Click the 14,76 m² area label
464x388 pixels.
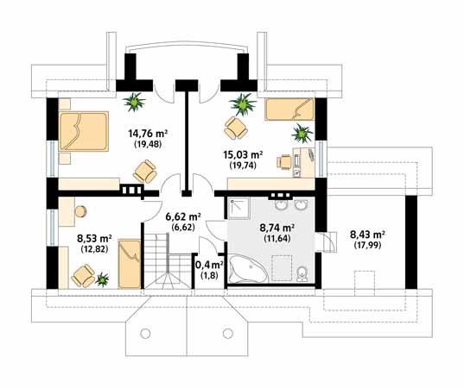pos(148,134)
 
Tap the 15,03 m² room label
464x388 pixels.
pos(243,154)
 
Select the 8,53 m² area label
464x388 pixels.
pos(94,238)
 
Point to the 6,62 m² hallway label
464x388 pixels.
pos(183,217)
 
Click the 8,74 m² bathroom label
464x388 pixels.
pos(276,228)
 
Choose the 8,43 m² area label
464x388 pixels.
pos(367,235)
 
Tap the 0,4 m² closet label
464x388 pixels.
pos(209,265)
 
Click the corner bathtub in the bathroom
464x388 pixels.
pos(249,268)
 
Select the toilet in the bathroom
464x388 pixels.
pos(302,273)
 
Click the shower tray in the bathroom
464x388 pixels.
pos(238,208)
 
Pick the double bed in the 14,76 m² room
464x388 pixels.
pos(84,131)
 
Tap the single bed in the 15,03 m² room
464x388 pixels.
pos(289,110)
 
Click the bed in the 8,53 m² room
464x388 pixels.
pos(130,264)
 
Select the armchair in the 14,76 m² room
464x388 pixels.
pos(145,172)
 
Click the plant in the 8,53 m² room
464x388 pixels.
pos(102,279)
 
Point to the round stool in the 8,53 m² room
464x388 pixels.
pos(80,212)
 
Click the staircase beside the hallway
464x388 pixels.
pos(167,260)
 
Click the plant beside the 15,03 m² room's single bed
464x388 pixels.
pos(302,134)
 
